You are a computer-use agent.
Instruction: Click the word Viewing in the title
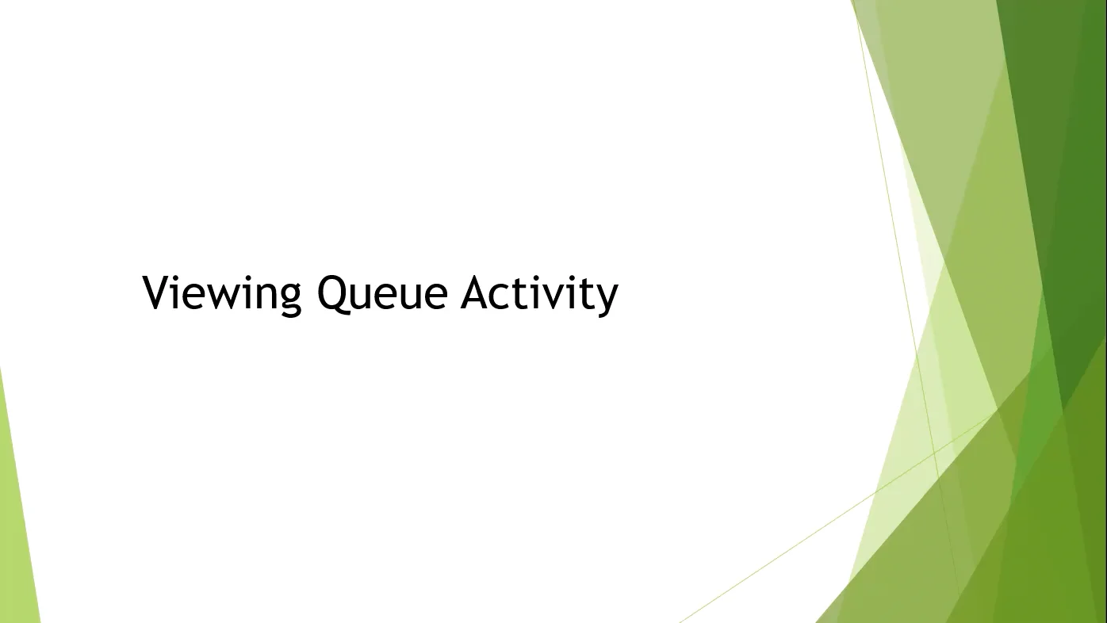222,293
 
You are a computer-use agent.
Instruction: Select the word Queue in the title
382,293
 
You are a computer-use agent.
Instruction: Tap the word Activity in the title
539,293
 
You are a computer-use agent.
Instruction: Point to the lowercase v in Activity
555,296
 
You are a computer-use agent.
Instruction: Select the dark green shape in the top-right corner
1063,119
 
